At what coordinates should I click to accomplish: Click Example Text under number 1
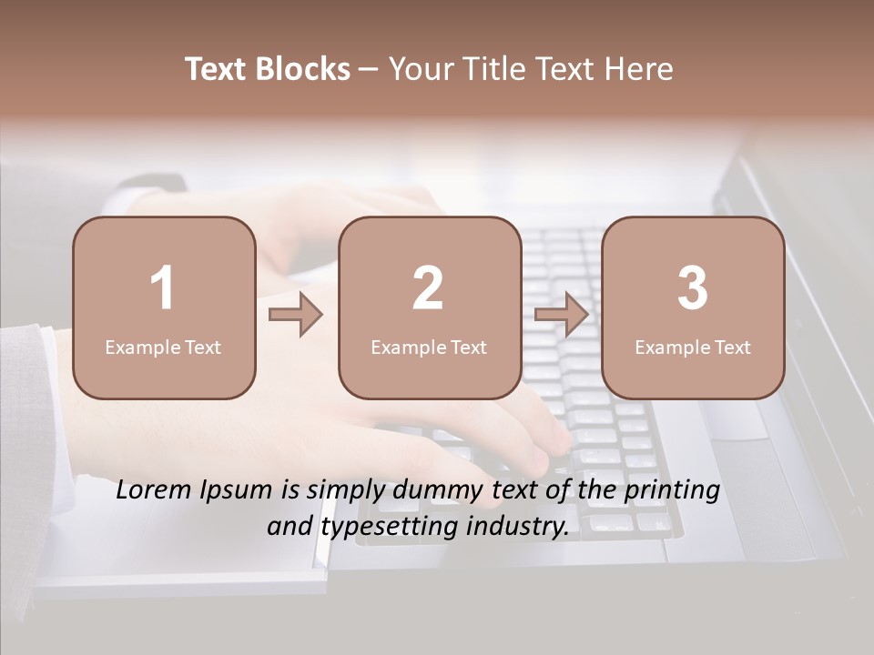(163, 348)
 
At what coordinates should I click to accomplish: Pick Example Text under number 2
(429, 348)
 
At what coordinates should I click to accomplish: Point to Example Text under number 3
(693, 348)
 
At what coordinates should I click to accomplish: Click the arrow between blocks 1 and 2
(297, 315)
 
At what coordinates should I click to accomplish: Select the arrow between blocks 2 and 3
(562, 315)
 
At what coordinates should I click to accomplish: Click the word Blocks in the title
(303, 69)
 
